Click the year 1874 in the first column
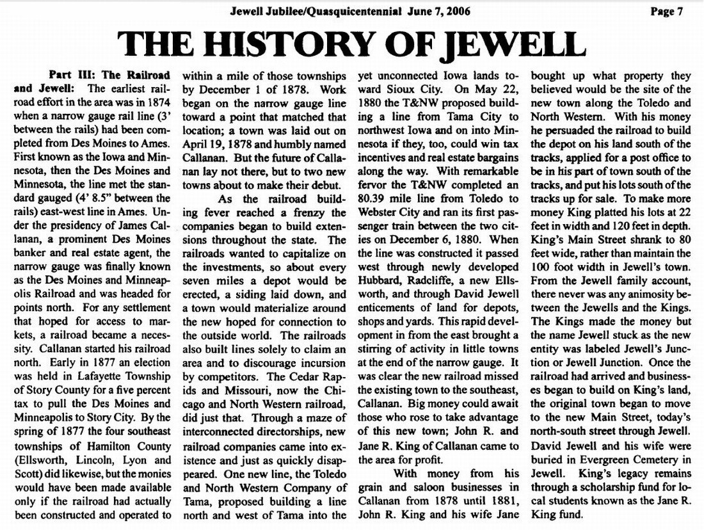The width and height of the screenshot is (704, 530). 159,101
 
